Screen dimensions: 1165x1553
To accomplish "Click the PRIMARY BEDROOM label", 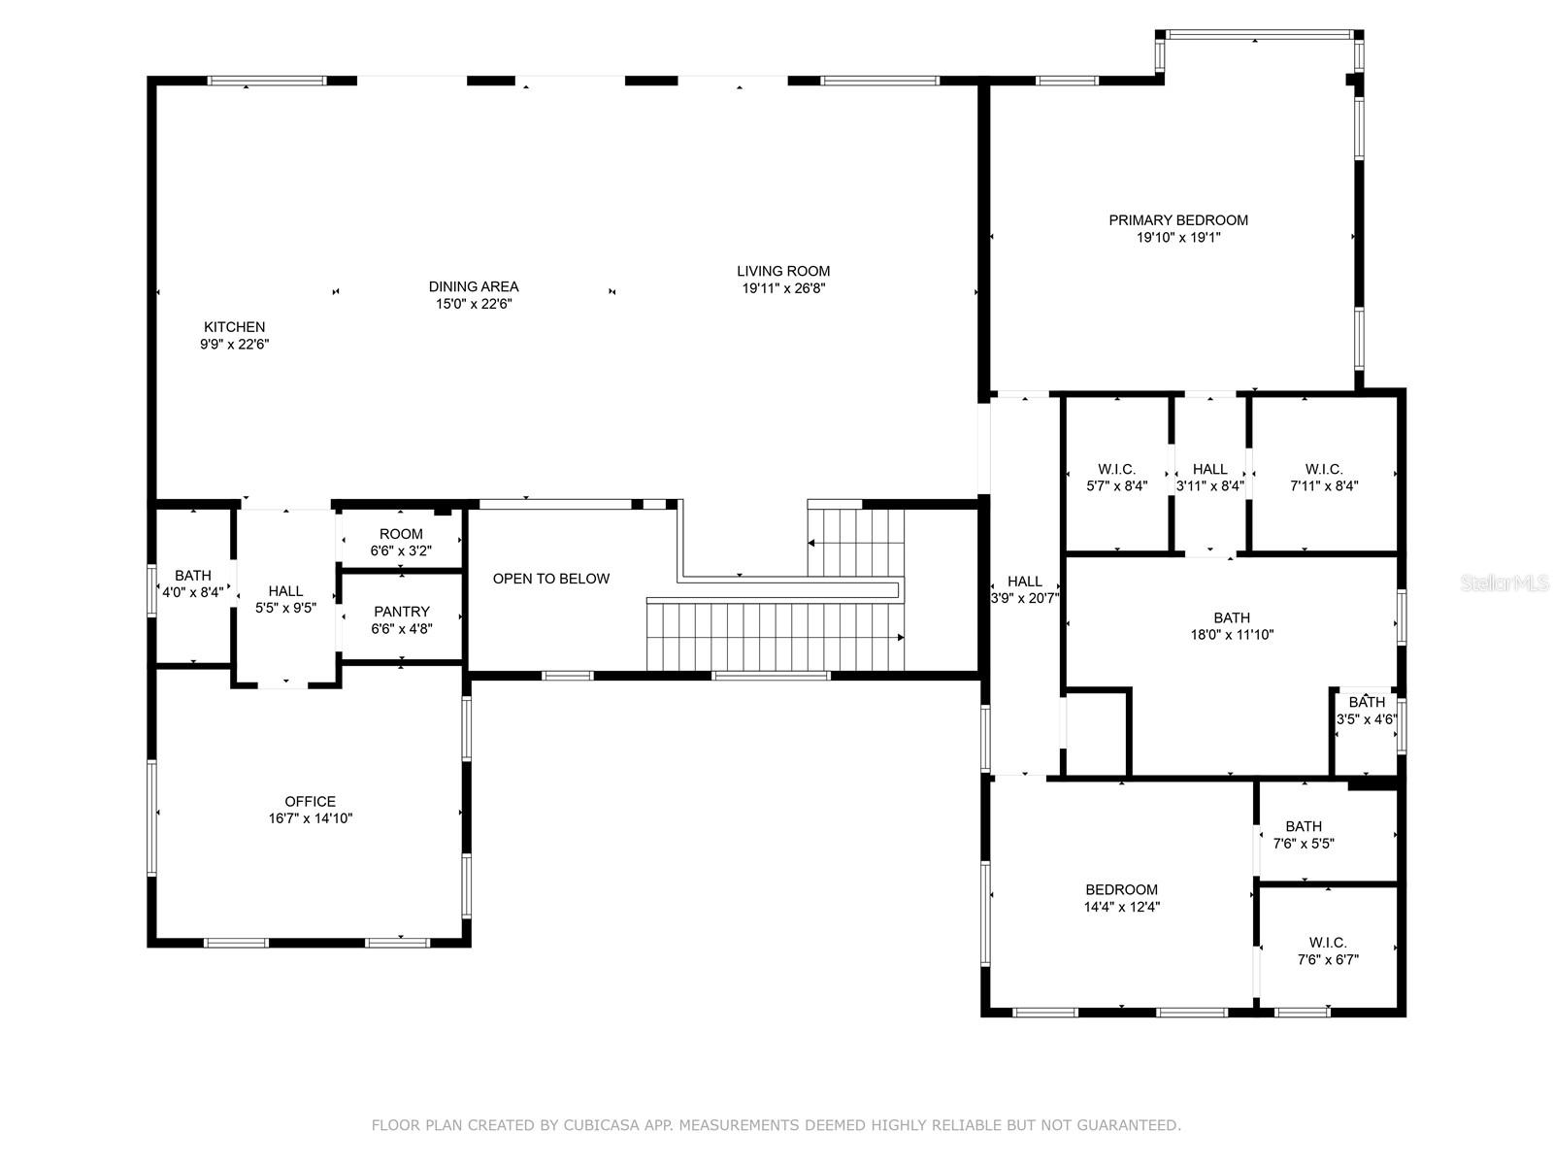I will (1178, 220).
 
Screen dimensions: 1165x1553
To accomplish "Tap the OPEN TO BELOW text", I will (551, 579).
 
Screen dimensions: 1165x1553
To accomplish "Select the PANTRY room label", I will (402, 612).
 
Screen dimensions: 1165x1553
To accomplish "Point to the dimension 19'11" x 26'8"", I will (783, 288).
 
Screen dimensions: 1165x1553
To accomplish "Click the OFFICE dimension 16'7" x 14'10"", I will (311, 818).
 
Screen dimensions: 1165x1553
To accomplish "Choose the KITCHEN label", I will (234, 327).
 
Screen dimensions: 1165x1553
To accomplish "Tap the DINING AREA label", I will (474, 286).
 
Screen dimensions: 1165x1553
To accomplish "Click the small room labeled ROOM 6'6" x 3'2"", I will (401, 542).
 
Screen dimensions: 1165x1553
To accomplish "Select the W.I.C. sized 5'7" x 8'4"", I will (1117, 478).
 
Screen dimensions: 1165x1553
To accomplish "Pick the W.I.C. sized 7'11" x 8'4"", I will (1324, 478).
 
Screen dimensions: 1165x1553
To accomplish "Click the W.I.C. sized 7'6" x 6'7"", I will (1328, 951).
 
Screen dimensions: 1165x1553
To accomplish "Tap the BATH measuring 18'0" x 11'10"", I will (1232, 626).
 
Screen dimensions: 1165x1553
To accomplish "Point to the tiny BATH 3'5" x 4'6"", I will (1367, 711).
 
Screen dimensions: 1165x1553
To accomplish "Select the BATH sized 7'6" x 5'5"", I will (1304, 835).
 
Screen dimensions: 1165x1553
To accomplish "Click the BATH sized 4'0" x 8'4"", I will (193, 583).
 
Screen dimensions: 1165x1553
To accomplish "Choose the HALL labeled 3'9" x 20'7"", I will (1025, 590).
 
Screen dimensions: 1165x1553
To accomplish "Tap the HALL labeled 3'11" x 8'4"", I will (1209, 478).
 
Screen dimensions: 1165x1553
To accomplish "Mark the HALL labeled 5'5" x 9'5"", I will (285, 599).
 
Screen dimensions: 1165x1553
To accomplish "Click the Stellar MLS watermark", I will (1504, 583).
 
